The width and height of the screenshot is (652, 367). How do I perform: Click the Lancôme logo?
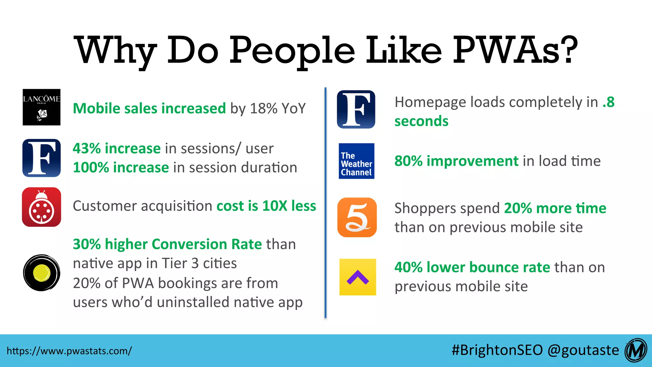pos(41,107)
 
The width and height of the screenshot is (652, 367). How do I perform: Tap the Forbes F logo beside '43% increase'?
pos(41,158)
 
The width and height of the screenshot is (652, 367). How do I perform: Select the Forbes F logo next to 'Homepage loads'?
pos(356,109)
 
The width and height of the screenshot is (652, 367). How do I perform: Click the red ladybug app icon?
pos(41,207)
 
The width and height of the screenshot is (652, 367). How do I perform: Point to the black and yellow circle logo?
pos(41,273)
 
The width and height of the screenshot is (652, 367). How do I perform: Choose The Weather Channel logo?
pos(356,161)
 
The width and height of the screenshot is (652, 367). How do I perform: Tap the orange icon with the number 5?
pos(357,217)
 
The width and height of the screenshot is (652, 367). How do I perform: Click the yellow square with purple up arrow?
pos(358,277)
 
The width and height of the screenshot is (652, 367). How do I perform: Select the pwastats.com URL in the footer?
pos(69,351)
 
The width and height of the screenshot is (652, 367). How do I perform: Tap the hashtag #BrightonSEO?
pos(497,350)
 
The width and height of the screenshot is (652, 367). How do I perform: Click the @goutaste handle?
pos(583,350)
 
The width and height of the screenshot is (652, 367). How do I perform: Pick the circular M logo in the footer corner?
pos(636,350)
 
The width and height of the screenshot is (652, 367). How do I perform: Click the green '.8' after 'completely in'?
pos(608,102)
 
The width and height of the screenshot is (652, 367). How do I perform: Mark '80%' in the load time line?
pos(408,161)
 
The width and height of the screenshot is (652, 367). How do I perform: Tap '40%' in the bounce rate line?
pos(408,267)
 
